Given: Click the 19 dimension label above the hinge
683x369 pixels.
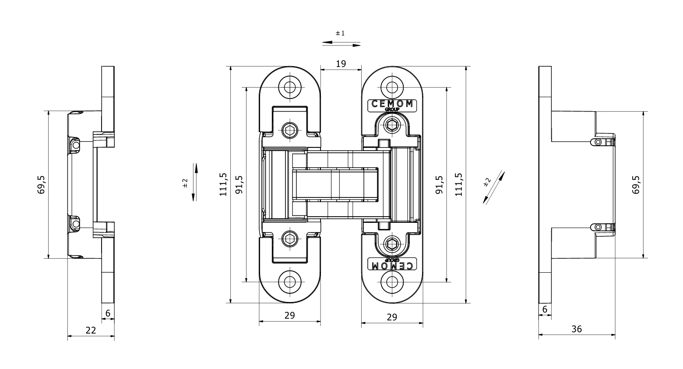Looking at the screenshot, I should click(x=341, y=63).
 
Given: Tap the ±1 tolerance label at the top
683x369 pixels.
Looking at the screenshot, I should click(x=340, y=33).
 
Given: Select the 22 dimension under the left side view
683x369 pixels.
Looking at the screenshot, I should click(x=91, y=330).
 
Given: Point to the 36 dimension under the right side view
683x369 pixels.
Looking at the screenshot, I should click(x=577, y=329).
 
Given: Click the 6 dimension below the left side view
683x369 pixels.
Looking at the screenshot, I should click(x=108, y=313).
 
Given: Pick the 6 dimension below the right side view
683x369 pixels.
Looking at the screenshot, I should click(x=545, y=309).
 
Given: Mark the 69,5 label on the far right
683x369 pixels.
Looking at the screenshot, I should click(x=637, y=184).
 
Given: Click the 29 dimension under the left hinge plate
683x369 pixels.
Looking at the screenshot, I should click(x=289, y=315).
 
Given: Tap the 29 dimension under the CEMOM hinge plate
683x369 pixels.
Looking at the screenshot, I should click(x=392, y=317).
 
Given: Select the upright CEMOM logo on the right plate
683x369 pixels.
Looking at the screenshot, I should click(x=391, y=104).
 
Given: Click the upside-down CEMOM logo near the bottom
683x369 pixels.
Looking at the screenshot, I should click(x=391, y=265).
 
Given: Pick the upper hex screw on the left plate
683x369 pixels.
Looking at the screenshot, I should click(x=289, y=130).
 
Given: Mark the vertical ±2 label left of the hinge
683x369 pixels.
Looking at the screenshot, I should click(x=185, y=183).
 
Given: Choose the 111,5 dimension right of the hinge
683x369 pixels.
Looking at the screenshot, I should click(x=458, y=184).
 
